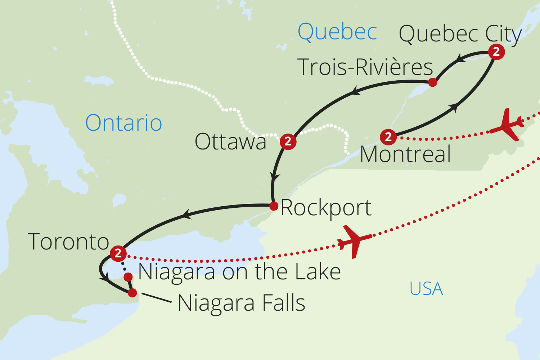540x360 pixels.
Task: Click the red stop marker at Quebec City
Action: (496, 52)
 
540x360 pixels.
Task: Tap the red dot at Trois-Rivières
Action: (433, 82)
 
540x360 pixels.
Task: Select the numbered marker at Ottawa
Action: (288, 141)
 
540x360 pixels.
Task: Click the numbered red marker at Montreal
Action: (388, 137)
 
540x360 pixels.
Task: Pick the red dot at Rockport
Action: (274, 206)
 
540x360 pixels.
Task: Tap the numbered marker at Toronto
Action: (118, 253)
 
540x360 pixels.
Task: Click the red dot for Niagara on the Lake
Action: (128, 277)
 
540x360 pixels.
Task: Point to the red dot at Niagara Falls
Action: (132, 293)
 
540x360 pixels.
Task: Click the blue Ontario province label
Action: (123, 123)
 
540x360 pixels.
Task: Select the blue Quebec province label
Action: (337, 32)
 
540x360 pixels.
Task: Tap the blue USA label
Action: (426, 289)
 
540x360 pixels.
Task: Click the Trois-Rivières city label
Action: (365, 67)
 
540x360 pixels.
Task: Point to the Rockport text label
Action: (326, 208)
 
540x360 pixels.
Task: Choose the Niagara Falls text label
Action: (241, 303)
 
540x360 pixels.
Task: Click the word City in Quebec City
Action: (503, 35)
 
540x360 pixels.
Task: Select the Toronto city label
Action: (68, 242)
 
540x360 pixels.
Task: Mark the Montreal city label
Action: (405, 154)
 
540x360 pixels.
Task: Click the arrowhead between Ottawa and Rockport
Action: (275, 177)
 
